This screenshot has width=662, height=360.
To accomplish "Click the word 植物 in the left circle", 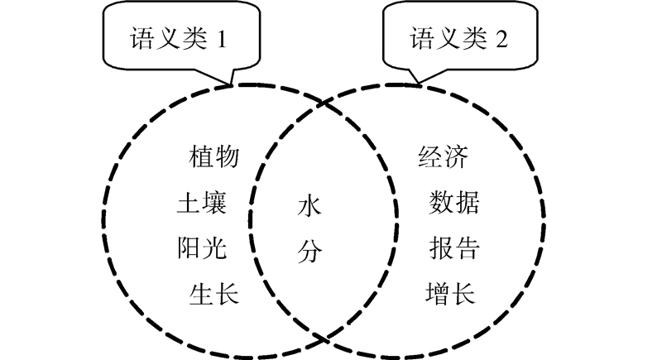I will [x=214, y=156].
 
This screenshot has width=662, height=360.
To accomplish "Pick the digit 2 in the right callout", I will [x=501, y=38].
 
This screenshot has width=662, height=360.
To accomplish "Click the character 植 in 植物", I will [x=202, y=156].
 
